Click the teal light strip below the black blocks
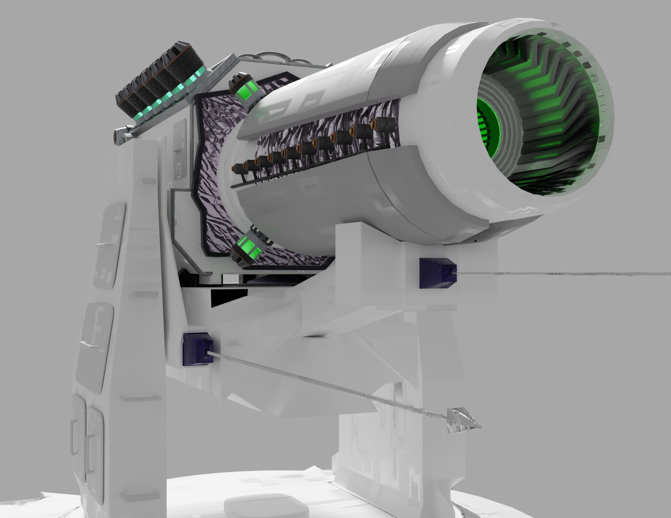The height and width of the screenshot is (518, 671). (x=166, y=100)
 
